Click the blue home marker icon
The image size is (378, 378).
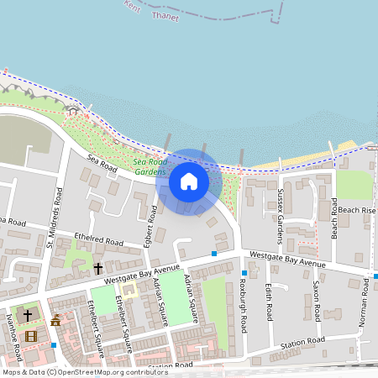189,181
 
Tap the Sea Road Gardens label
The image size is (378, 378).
150,166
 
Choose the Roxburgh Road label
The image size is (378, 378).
243,303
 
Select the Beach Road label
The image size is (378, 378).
333,218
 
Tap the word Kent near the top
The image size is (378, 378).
132,5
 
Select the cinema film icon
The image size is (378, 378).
31,337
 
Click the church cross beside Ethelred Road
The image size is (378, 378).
97,269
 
